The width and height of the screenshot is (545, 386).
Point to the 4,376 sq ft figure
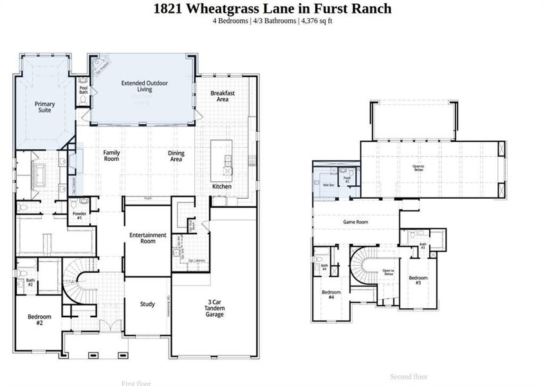tap(316, 21)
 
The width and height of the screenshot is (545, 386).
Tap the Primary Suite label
tap(45, 107)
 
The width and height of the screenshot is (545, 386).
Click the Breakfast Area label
tap(223, 96)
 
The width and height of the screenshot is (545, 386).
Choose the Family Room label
tap(112, 156)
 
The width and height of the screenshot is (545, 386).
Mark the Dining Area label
tap(176, 156)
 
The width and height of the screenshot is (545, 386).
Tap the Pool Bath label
tap(83, 90)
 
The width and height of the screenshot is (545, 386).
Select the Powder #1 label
tap(79, 216)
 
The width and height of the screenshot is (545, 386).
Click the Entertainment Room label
tap(148, 238)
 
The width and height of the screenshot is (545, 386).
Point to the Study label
tap(147, 304)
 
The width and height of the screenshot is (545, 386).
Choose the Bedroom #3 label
tap(418, 280)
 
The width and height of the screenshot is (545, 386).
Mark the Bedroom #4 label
tap(331, 294)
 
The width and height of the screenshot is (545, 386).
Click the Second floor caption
tap(409, 376)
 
